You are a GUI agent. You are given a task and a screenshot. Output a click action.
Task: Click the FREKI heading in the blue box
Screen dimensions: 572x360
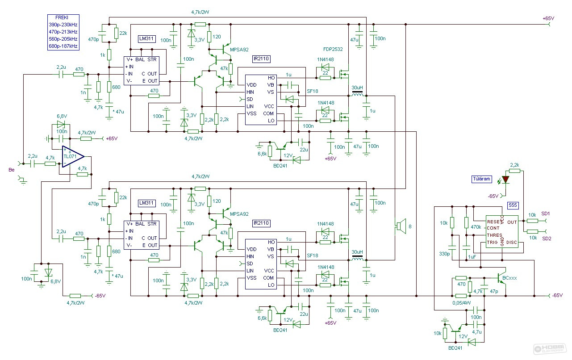pos(62,17)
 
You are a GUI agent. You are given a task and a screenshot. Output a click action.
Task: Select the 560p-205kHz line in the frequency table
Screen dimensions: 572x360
pos(63,39)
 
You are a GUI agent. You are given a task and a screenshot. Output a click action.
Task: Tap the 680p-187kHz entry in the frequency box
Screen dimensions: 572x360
pos(63,46)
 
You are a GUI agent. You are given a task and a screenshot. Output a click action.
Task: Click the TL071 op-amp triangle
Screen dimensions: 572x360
pos(73,156)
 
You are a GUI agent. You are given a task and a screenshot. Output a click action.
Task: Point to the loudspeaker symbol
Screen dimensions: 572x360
pos(401,226)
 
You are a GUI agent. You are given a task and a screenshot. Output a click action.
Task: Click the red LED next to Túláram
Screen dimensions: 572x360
pos(505,180)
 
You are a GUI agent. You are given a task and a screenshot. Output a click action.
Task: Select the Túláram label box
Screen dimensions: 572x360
pos(481,179)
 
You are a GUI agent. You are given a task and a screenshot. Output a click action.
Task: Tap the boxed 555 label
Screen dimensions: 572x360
pos(513,205)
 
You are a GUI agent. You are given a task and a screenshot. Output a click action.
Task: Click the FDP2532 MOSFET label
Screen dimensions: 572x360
pos(333,49)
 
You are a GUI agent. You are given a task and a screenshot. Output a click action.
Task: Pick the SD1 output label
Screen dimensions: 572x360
pos(546,213)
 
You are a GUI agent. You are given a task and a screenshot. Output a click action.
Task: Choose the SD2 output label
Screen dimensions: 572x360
pos(547,239)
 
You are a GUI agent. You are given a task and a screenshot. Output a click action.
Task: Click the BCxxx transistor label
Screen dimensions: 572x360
pos(509,278)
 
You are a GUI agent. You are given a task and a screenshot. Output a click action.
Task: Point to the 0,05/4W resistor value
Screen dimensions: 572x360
pos(461,303)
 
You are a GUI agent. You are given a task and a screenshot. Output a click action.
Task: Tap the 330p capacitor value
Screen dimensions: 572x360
pos(444,254)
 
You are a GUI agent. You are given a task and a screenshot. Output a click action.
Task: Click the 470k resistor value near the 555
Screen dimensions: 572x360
pos(476,226)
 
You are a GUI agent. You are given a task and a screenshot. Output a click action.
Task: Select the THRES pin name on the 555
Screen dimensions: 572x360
pos(494,235)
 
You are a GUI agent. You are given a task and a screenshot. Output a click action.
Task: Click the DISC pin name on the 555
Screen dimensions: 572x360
pos(511,242)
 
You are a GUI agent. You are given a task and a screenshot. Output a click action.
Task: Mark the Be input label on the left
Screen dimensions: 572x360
pos(12,170)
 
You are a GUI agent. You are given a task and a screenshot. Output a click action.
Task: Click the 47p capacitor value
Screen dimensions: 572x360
pos(494,291)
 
